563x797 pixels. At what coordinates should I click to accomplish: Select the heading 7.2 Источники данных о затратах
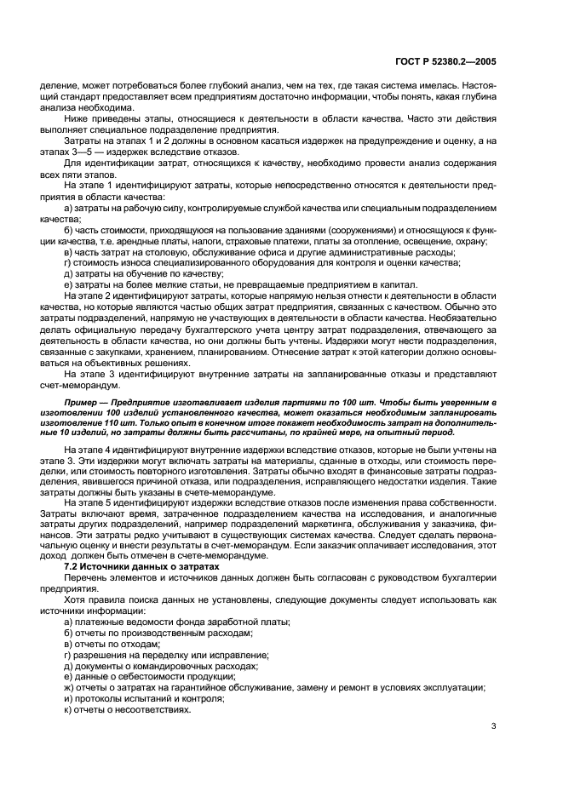130,566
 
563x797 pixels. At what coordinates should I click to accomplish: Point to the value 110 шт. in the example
129,421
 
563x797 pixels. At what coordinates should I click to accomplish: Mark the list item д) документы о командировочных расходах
160,665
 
